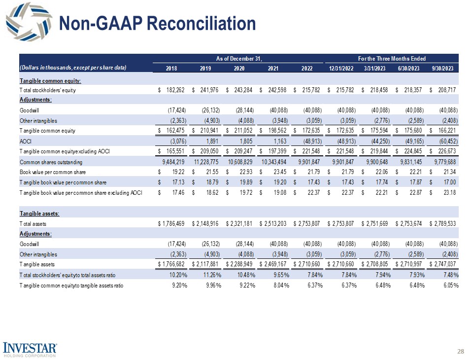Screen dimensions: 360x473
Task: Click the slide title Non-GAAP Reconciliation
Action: (x=157, y=23)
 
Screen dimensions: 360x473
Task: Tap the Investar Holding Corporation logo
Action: (x=32, y=349)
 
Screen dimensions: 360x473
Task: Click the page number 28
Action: (x=461, y=351)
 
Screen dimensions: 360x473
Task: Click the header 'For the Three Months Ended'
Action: (x=393, y=59)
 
